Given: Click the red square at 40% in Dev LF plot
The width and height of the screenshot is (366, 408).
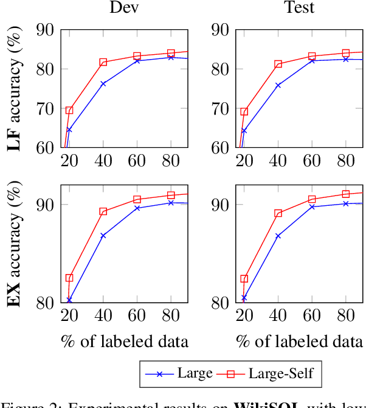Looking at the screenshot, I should tap(103, 62).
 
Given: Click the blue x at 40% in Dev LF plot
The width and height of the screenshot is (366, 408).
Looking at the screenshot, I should tap(103, 83).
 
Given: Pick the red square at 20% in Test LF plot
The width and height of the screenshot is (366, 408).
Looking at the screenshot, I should tap(244, 111).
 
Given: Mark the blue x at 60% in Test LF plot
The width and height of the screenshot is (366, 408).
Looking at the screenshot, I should tap(312, 60).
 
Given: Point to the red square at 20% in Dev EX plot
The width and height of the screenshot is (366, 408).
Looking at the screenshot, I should tap(69, 278).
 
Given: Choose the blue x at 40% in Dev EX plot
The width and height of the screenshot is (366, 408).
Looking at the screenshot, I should tap(103, 235).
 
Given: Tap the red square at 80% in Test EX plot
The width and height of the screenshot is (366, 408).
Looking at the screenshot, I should tap(346, 194).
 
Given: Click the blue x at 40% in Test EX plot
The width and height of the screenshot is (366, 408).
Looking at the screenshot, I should tap(278, 236).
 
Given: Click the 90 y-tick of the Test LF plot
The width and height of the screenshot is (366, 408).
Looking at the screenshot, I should tap(219, 30).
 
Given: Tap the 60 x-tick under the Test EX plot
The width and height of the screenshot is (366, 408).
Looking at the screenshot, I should tap(312, 316).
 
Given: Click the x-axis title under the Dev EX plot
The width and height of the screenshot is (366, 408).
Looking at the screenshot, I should tap(125, 341).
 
